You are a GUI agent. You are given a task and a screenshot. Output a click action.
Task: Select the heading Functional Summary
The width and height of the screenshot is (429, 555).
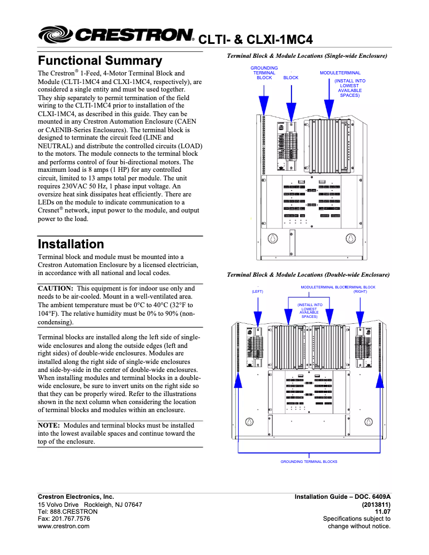(99, 61)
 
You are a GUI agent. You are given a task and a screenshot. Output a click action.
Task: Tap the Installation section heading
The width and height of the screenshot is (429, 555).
(71, 245)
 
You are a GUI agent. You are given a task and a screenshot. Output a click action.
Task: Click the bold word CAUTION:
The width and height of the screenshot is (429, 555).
(55, 288)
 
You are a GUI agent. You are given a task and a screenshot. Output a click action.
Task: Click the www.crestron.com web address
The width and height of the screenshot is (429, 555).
(63, 526)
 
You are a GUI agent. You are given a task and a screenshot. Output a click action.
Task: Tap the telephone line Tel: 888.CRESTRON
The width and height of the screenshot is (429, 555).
(67, 512)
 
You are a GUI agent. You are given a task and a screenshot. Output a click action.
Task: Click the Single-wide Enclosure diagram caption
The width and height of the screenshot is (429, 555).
(307, 56)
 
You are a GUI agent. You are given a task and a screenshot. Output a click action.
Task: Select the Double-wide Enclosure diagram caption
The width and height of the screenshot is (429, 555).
(308, 275)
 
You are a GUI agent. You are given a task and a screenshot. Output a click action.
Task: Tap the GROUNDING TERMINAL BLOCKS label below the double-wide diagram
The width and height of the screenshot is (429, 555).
(309, 461)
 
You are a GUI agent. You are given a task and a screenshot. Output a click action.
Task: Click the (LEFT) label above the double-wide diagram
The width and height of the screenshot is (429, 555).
(258, 291)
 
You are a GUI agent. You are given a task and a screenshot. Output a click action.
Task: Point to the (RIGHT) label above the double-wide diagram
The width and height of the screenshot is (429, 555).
(360, 292)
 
